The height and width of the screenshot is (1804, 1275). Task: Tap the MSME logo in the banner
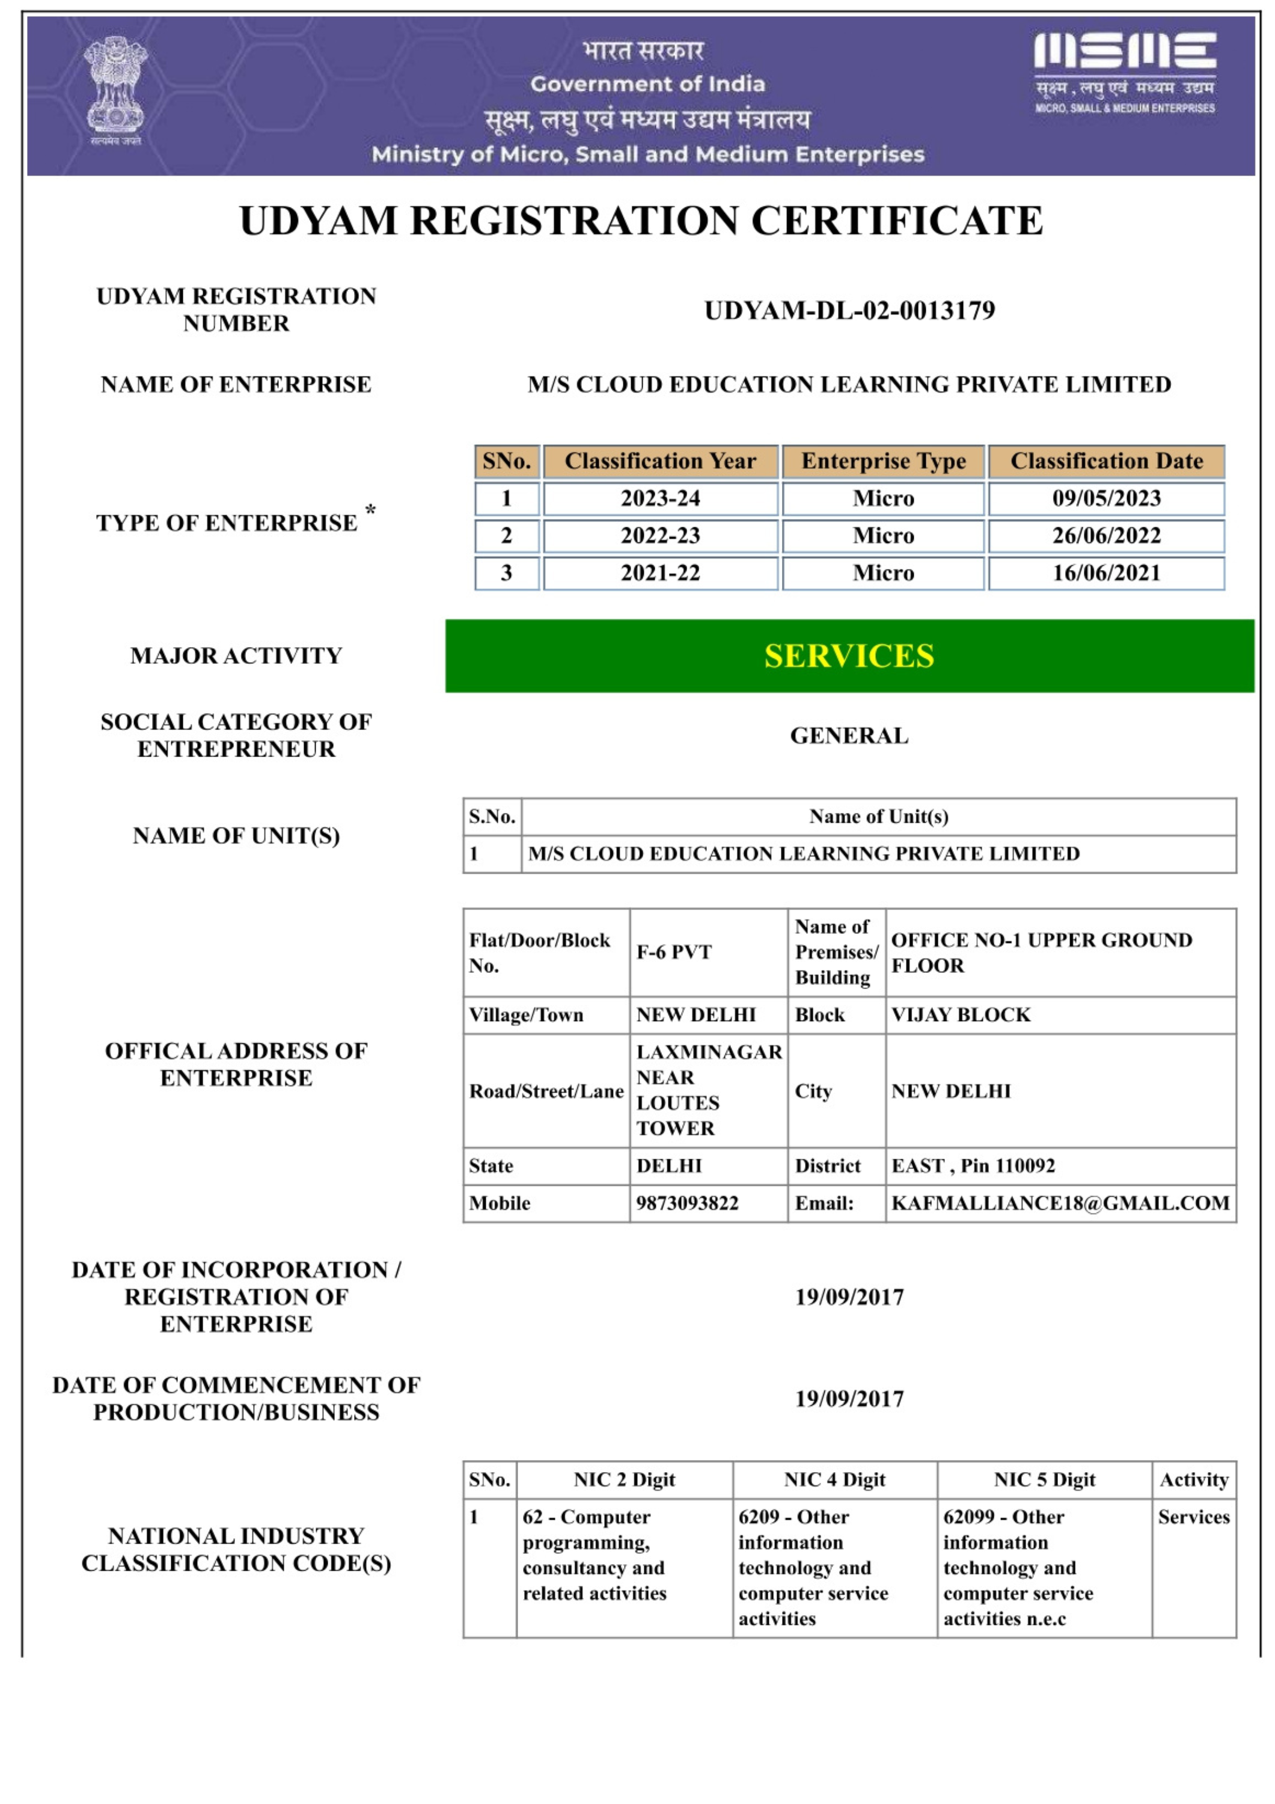1124,72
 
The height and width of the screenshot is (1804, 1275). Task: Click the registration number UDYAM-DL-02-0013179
849,310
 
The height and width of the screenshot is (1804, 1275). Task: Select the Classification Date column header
1105,461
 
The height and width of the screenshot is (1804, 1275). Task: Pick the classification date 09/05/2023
1105,498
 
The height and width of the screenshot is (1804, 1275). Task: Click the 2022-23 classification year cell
660,536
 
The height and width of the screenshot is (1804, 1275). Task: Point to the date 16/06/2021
1105,573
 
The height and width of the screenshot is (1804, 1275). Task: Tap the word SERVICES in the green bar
849,656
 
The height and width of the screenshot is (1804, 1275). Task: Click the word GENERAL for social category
849,735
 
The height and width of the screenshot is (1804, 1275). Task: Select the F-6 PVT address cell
674,953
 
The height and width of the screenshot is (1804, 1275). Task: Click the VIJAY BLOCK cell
961,1014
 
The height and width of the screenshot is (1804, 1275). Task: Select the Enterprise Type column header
883,461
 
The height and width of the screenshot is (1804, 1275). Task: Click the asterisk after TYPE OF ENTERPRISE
371,511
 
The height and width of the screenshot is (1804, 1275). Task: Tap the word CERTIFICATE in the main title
897,221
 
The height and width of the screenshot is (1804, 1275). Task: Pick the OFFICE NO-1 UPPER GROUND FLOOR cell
1042,953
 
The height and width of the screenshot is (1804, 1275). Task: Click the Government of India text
647,84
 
